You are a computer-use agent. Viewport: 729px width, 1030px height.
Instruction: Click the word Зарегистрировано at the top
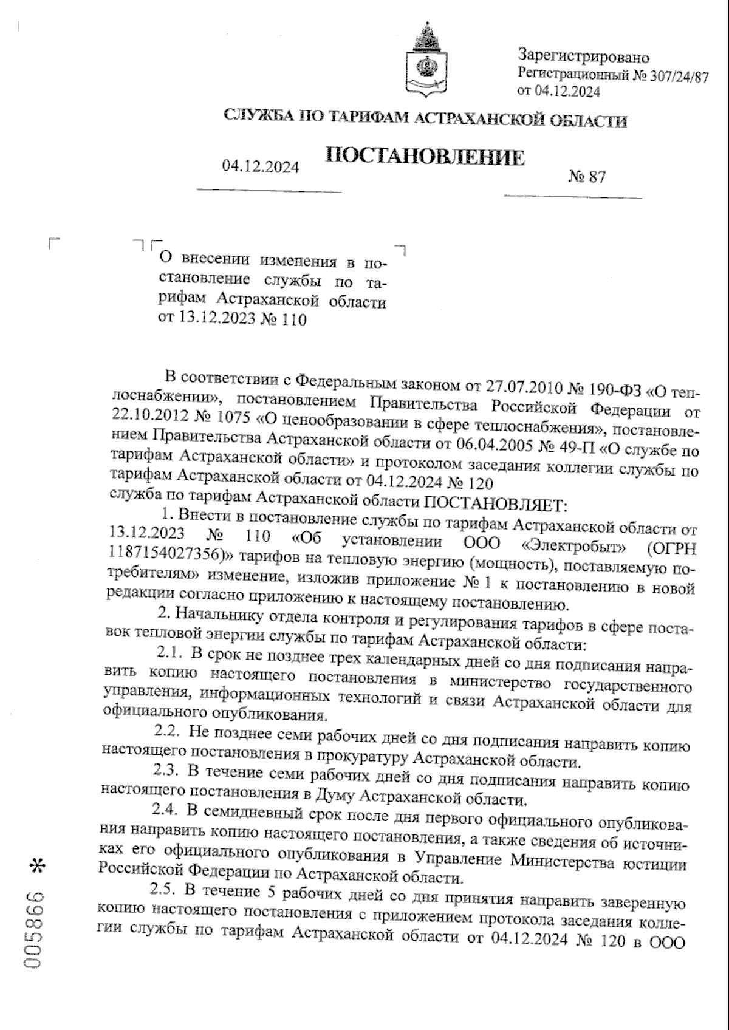583,58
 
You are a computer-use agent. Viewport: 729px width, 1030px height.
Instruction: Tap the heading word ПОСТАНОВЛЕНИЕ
425,157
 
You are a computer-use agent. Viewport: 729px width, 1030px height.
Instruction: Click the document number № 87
587,177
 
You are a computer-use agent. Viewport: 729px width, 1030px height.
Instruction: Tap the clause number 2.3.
165,770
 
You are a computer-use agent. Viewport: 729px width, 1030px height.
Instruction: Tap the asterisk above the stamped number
38,867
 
